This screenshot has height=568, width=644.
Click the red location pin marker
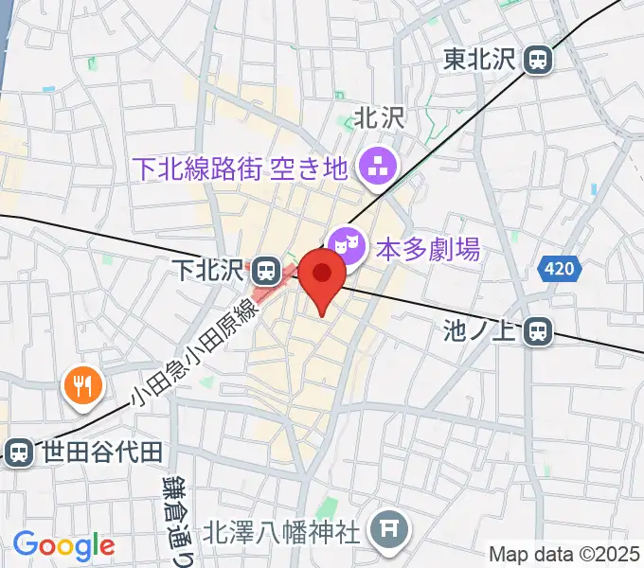coord(322,275)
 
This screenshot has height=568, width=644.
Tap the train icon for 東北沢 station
coord(539,59)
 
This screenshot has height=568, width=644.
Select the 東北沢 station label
coord(478,59)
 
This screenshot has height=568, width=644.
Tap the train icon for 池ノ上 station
coord(539,330)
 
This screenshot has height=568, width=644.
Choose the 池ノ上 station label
coord(478,330)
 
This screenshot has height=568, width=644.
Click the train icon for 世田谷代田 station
coord(18,452)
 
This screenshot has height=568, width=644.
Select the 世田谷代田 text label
coord(102,452)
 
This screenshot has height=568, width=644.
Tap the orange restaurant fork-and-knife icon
coord(81,385)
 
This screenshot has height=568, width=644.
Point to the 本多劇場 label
coord(428,250)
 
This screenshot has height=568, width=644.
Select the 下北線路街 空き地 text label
coord(241,169)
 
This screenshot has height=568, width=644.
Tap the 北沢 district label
coord(379,117)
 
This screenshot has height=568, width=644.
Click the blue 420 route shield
coord(559,271)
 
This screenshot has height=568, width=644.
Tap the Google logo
coord(63,545)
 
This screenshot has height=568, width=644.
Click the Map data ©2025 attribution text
coord(563,553)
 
